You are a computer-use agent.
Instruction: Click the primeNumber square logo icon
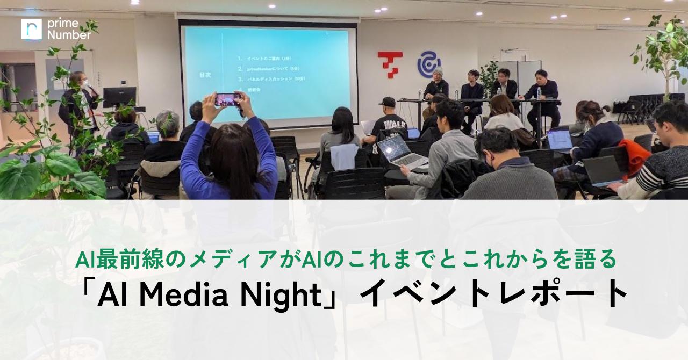(x=31, y=29)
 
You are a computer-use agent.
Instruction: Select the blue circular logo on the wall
(x=428, y=64)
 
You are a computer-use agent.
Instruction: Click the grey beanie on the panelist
(x=438, y=71)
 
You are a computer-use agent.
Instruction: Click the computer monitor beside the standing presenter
(x=119, y=97)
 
